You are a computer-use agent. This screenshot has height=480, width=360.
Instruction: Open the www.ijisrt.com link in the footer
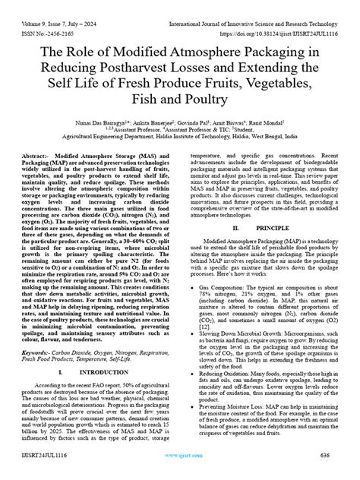tap(179, 467)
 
